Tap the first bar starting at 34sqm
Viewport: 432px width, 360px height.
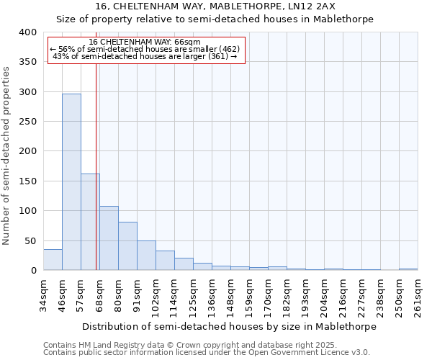click(53, 259)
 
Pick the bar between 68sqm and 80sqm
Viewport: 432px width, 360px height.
click(109, 238)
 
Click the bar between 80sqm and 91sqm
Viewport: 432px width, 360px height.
click(127, 246)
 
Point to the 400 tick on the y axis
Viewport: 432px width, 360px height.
click(27, 32)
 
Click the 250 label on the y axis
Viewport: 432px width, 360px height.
click(27, 122)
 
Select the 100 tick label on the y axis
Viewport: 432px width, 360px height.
click(27, 211)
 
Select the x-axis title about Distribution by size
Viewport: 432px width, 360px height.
click(230, 326)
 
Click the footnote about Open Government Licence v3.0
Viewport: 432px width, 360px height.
click(207, 353)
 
